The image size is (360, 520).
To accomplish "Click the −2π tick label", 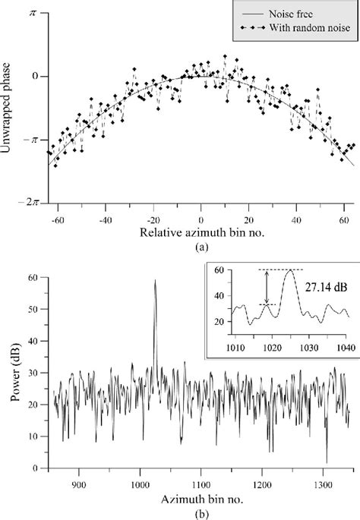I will click(29, 203).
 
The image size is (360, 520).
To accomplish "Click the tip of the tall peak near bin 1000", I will click(155, 281).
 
